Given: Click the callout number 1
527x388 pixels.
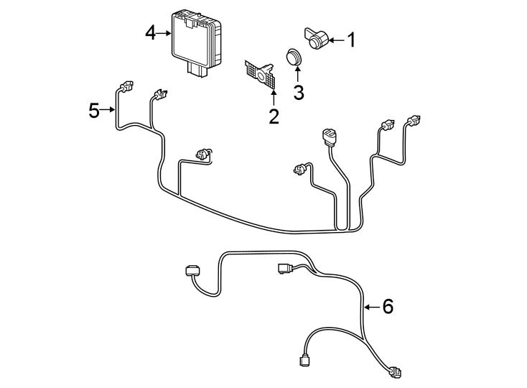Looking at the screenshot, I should click(352, 40).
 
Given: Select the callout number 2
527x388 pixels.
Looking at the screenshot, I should click(274, 116).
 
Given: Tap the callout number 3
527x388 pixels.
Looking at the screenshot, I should click(298, 92).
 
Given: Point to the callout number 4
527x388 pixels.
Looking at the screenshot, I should click(149, 33).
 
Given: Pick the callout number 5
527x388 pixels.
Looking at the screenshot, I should click(94, 110).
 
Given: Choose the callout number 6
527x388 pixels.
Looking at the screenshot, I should click(388, 307).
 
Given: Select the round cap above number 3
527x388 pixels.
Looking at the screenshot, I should click(293, 57).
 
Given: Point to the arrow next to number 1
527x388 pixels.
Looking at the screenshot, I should click(337, 41).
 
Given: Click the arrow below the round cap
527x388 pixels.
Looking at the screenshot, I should click(297, 75).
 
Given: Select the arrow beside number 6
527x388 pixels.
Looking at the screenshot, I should click(371, 307).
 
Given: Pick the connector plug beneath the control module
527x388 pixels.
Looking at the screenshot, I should click(196, 68).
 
